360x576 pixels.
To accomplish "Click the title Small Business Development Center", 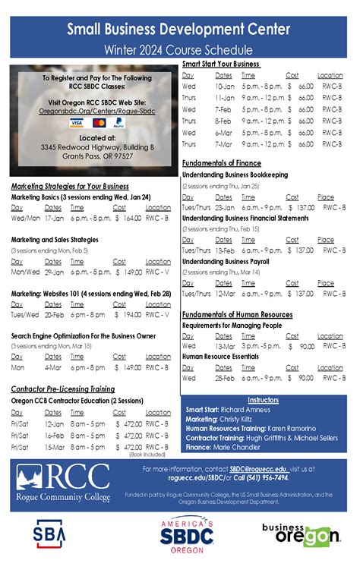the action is [x=178, y=30].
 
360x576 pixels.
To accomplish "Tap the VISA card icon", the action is [x=76, y=122].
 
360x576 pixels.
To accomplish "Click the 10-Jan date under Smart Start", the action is [x=224, y=87].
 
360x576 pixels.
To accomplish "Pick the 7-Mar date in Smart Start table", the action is [x=223, y=144].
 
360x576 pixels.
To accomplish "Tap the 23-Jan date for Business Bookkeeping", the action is [x=224, y=208].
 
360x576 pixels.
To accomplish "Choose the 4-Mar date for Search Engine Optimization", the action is [x=53, y=367].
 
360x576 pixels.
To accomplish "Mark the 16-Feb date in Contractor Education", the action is [x=54, y=436].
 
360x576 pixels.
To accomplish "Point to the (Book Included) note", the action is [x=147, y=454].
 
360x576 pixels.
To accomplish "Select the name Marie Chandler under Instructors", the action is [x=239, y=448].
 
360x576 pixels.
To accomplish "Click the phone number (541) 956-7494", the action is [x=265, y=479].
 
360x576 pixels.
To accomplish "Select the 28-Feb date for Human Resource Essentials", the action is [x=224, y=378].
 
